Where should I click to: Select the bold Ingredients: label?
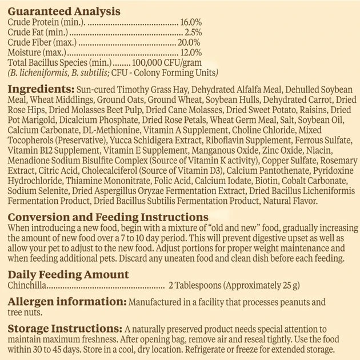[x=42, y=90]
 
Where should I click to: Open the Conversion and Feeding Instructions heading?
[x=108, y=218]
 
